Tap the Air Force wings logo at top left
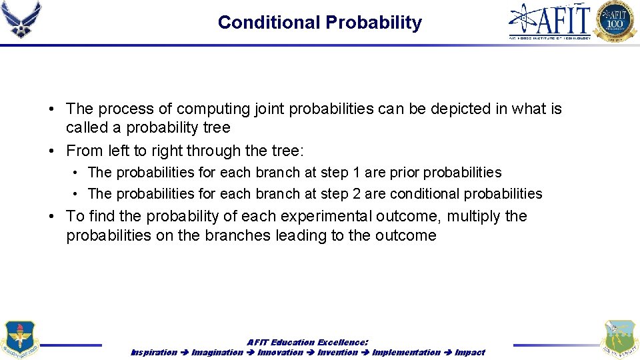(21, 20)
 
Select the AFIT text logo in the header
(550, 20)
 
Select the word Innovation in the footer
(280, 352)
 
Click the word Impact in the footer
(470, 352)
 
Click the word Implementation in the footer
(406, 352)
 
